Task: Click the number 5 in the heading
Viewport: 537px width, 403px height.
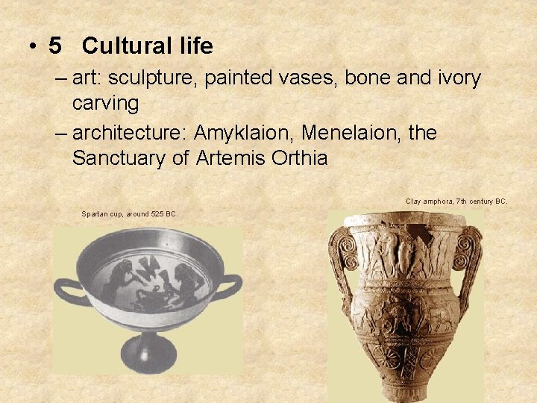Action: tap(55, 46)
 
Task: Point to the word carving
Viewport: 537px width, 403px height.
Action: tap(105, 102)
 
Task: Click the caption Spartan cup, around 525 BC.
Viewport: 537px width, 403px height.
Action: tap(130, 214)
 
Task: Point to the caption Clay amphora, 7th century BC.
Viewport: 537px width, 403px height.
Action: tap(456, 201)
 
